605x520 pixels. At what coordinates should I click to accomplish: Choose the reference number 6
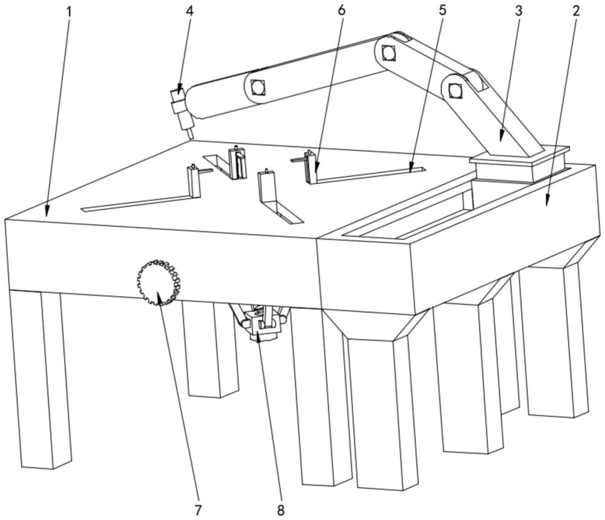[342, 10]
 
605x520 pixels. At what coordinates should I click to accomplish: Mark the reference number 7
[198, 509]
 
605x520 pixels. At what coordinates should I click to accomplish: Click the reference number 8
[280, 509]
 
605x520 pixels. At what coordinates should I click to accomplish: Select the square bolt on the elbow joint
[389, 54]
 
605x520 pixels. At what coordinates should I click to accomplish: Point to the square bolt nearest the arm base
[456, 90]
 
